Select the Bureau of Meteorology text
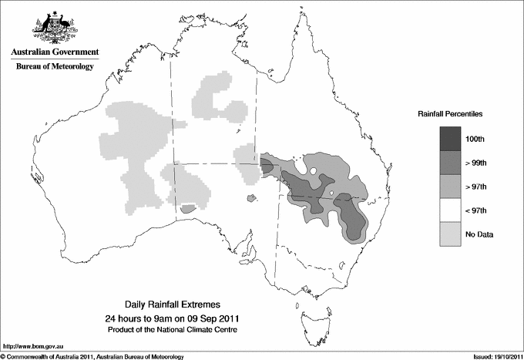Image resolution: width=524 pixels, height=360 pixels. [x=55, y=67]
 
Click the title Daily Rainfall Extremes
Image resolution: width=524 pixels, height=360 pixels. [x=166, y=305]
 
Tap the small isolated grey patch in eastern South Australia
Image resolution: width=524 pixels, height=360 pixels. [x=250, y=200]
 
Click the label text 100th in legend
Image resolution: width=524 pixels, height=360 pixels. [x=475, y=138]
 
